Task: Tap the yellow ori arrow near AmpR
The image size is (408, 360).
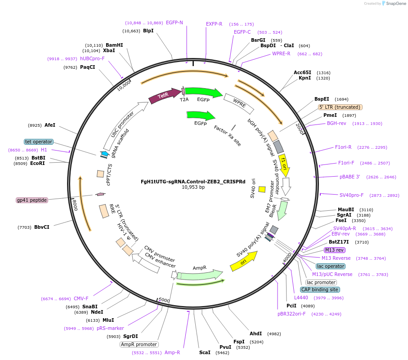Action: tap(243, 262)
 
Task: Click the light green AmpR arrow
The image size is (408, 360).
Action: tap(200, 275)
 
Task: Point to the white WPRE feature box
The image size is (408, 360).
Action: tap(239, 103)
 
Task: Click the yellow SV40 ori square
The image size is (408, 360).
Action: tap(262, 189)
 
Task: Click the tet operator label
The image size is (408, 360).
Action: tap(39, 142)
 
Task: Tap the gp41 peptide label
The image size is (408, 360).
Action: tap(32, 200)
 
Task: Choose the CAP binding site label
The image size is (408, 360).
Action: tap(320, 289)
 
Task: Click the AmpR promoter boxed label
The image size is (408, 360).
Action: tap(139, 344)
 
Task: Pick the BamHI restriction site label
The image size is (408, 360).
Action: tap(114, 45)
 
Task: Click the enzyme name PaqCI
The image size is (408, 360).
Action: tap(88, 67)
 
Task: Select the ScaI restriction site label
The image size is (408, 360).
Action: tap(205, 352)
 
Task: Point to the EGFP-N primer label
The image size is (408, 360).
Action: tap(175, 22)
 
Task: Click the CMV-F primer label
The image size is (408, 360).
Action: tap(81, 298)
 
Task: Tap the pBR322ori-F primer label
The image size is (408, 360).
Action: tap(291, 314)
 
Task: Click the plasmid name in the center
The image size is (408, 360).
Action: tap(193, 182)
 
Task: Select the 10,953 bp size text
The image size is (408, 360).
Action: tap(193, 187)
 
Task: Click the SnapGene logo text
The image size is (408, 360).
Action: tap(394, 4)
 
